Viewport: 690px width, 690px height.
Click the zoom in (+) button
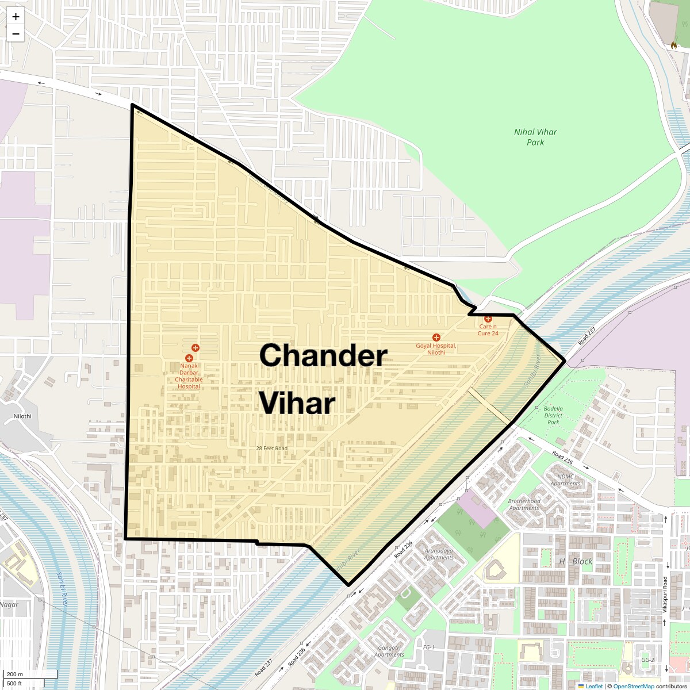tap(16, 17)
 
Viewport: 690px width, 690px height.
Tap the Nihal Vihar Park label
tap(535, 137)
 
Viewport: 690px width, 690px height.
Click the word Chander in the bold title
tap(323, 355)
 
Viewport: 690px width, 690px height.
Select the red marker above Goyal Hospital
tap(436, 338)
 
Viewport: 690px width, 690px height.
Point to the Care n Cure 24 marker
tap(488, 319)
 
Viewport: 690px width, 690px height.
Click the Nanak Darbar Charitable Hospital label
tap(189, 376)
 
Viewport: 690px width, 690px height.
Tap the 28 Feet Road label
tap(272, 448)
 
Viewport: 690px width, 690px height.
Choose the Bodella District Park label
tap(553, 415)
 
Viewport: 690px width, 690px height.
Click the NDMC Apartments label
tap(565, 480)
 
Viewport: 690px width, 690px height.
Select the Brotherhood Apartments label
tap(524, 504)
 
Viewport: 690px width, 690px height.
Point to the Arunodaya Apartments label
tap(439, 554)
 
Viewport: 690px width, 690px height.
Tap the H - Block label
tap(576, 561)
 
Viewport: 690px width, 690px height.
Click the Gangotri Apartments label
tap(389, 651)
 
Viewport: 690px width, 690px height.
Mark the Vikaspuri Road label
tap(665, 595)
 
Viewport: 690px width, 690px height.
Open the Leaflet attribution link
tap(593, 686)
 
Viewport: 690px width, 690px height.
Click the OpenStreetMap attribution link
tap(633, 686)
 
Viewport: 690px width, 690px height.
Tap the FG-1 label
tap(428, 647)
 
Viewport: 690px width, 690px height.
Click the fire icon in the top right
tap(674, 45)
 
